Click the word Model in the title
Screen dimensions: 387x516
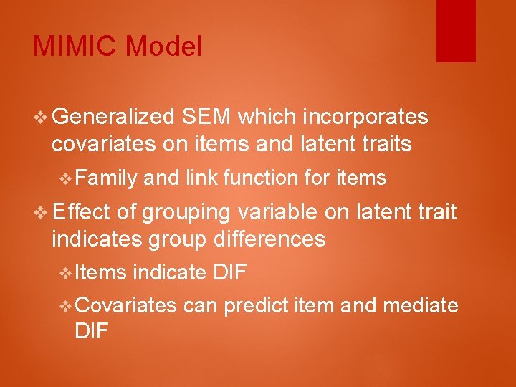pos(163,47)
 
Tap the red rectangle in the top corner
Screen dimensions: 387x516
pos(456,31)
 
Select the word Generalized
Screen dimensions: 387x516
pos(113,118)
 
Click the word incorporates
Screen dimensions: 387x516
pos(365,118)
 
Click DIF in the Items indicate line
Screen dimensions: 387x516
pos(231,272)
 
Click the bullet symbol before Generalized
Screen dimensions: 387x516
pos(41,118)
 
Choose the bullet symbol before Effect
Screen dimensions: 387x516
pos(41,213)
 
